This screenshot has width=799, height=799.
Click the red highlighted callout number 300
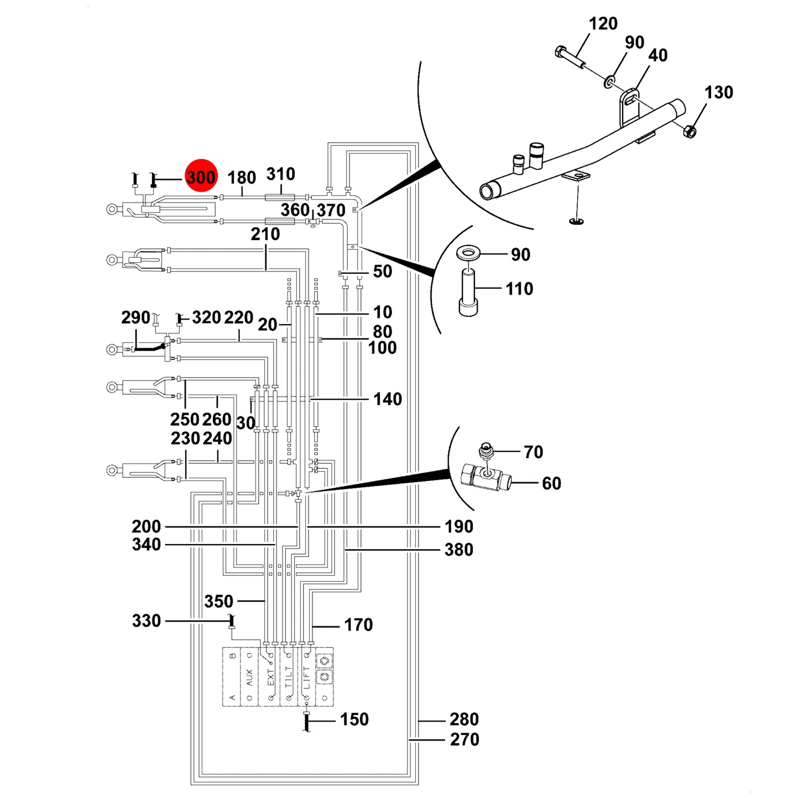[201, 177]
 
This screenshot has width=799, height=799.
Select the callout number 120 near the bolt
[603, 24]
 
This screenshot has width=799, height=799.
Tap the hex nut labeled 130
[689, 131]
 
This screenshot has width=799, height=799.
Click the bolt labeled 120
[571, 58]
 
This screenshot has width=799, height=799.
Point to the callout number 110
[519, 289]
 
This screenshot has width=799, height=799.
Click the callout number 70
[533, 452]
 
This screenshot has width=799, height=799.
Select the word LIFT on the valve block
[306, 677]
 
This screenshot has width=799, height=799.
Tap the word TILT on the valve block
[289, 677]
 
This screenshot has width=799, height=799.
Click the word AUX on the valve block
[249, 677]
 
